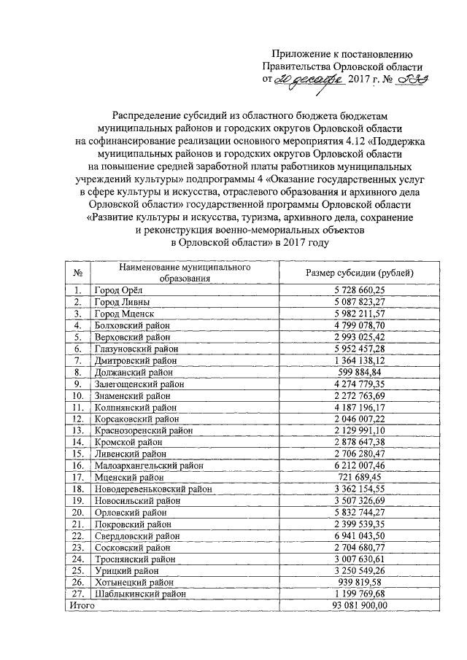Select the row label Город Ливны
[123, 301]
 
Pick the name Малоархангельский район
[148, 465]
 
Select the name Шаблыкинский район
[139, 594]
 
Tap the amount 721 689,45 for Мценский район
[359, 477]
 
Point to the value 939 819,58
[359, 583]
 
